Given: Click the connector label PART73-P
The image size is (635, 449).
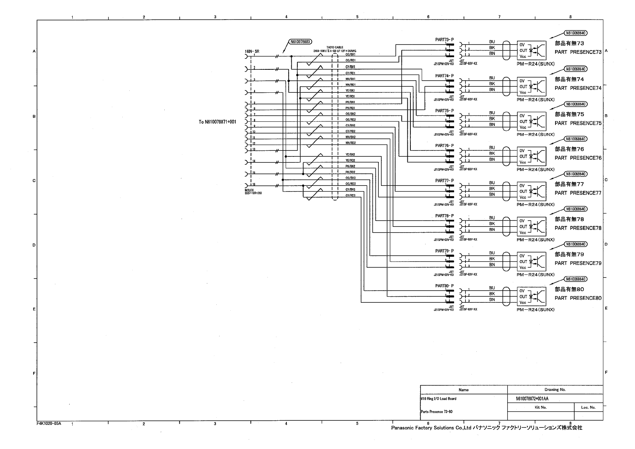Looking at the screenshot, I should (x=444, y=40).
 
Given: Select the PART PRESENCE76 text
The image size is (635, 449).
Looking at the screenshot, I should (x=578, y=158).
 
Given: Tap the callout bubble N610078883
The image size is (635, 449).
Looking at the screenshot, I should (x=300, y=41).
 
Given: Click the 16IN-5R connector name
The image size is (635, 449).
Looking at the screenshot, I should (x=252, y=51).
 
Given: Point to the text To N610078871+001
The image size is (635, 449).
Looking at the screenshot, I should (x=217, y=122).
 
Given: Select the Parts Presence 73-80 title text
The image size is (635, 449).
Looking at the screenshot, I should (x=436, y=412).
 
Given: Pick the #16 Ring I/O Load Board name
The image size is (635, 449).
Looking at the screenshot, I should (x=438, y=398).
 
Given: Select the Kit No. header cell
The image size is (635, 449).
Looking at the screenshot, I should (x=540, y=407).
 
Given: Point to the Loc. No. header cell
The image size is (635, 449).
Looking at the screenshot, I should (x=588, y=407).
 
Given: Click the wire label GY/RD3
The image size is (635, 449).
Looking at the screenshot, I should (x=350, y=195).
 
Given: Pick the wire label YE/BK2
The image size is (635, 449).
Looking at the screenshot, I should (x=350, y=155).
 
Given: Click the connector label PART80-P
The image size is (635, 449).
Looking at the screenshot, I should (x=444, y=286).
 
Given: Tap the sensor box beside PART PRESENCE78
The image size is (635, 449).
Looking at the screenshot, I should (x=531, y=227).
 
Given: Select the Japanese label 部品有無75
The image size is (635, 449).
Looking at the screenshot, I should (x=569, y=114).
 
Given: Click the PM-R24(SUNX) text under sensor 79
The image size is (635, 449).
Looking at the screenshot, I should (x=536, y=275).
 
